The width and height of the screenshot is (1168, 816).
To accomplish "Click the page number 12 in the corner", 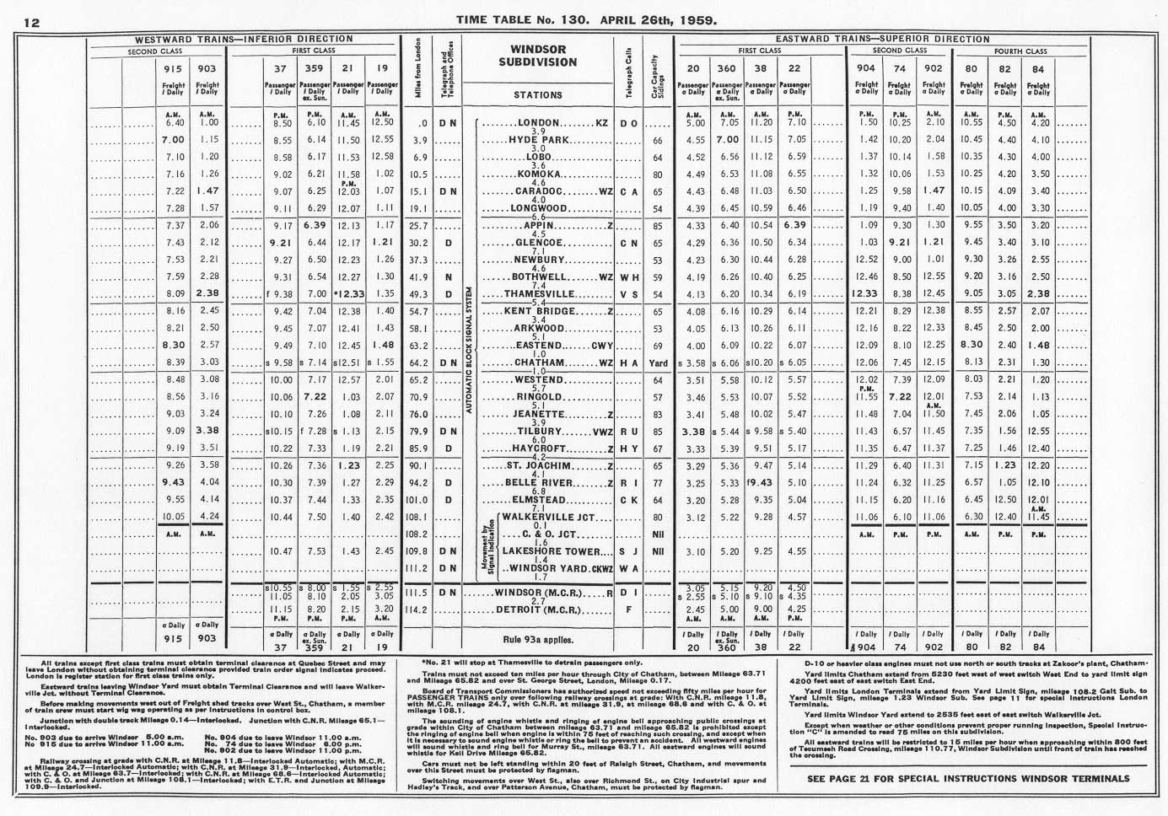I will (x=31, y=22).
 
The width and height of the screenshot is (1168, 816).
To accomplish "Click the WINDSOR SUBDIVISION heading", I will (x=537, y=56).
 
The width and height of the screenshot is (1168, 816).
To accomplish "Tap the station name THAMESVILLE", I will (x=539, y=294).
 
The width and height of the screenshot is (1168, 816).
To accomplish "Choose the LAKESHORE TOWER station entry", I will (x=543, y=551).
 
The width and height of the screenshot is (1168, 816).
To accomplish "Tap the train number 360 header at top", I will (x=727, y=68).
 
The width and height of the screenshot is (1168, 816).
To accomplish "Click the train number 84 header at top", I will (x=1037, y=69).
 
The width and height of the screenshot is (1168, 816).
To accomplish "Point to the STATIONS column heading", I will (x=537, y=95).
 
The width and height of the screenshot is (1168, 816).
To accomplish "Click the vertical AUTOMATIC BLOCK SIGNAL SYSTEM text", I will (x=469, y=354).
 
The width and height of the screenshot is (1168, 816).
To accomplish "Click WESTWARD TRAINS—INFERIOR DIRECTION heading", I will (x=245, y=39).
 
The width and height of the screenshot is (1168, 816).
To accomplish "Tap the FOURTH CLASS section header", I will (x=1020, y=51).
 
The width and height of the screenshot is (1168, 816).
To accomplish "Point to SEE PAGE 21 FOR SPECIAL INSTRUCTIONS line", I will (x=967, y=778).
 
